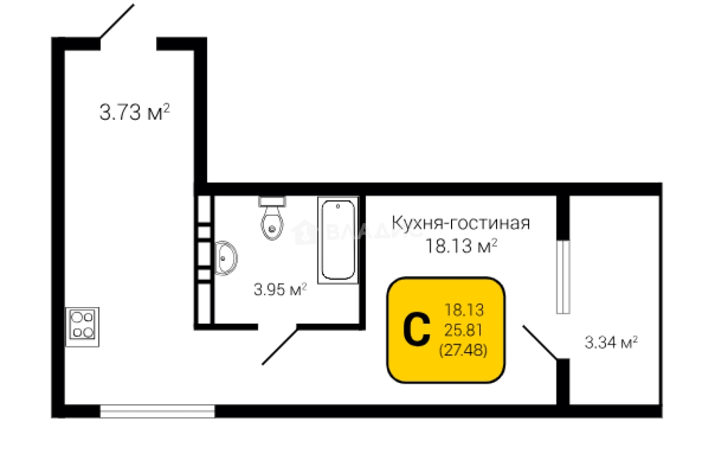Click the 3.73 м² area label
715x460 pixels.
[135, 112]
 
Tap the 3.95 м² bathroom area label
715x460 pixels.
[281, 290]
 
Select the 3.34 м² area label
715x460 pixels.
[611, 343]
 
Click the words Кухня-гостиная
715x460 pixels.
[461, 223]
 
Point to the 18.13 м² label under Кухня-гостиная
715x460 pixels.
[462, 246]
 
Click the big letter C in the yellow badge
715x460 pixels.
[416, 329]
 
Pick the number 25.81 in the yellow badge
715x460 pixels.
[463, 330]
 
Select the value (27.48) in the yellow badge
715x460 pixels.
[463, 350]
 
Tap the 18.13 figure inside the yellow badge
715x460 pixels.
[464, 310]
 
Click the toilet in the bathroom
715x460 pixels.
[272, 219]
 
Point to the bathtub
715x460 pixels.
[338, 240]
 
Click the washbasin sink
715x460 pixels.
[225, 258]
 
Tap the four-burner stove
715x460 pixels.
[82, 327]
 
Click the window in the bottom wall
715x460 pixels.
[157, 411]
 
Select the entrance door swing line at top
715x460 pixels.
[117, 21]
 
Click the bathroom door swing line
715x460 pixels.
[279, 346]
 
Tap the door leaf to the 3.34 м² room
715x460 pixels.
[540, 342]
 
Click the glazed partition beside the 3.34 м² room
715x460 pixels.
[563, 277]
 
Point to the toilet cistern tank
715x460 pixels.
[272, 201]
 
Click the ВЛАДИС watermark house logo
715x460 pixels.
[304, 232]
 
